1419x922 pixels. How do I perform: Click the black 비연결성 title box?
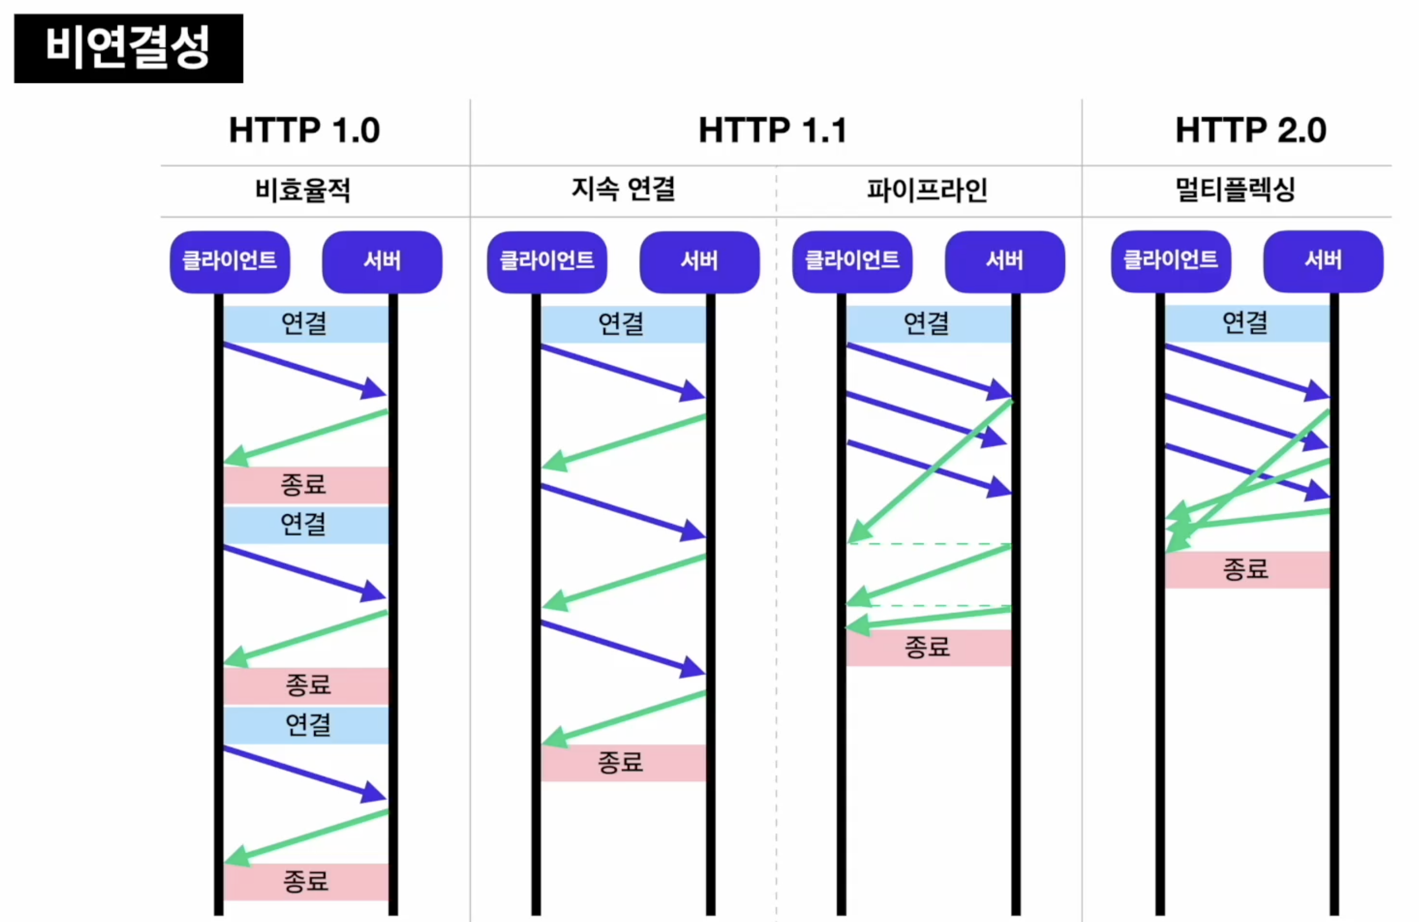128,48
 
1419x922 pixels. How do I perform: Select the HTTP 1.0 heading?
304,130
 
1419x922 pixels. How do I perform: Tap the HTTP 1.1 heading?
772,130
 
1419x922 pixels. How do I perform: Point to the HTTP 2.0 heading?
1250,130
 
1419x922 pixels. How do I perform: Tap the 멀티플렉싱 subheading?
1236,190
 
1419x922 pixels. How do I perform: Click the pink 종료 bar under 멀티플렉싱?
1246,570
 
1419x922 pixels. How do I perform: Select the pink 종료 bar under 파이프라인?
928,647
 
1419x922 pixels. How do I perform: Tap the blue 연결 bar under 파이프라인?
927,324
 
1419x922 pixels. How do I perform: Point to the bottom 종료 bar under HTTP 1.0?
306,881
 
